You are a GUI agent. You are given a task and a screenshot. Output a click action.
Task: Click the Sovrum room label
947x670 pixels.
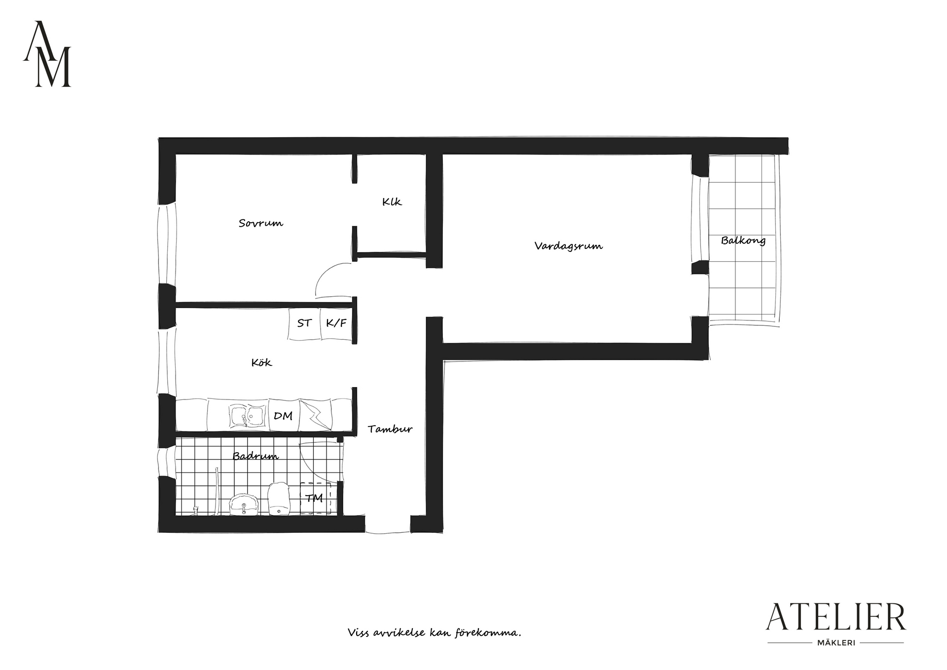point(261,223)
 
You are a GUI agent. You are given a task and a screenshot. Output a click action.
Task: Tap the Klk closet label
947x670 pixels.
point(392,202)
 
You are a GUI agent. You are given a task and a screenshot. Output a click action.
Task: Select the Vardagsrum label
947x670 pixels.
point(568,246)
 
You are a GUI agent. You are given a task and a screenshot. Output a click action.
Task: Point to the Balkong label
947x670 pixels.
point(743,241)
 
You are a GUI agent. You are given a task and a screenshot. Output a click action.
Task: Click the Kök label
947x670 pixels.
point(261,362)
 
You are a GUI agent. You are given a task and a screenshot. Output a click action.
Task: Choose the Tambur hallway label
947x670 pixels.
point(390,429)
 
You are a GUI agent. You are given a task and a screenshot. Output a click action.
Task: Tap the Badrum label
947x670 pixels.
point(255,456)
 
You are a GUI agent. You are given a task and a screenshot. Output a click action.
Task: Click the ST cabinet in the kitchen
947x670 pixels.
point(304,324)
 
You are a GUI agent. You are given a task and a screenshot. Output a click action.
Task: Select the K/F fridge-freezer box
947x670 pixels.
point(337,324)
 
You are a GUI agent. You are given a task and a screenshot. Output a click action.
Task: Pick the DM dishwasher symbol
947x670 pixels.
point(284,416)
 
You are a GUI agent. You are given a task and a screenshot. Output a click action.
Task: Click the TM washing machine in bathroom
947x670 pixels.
point(315,498)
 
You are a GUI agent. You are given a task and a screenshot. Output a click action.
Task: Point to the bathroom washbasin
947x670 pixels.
point(244,504)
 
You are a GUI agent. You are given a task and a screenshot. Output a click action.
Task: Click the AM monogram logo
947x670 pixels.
point(47,54)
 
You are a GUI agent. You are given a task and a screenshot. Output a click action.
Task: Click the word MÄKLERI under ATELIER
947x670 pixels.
point(836,643)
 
